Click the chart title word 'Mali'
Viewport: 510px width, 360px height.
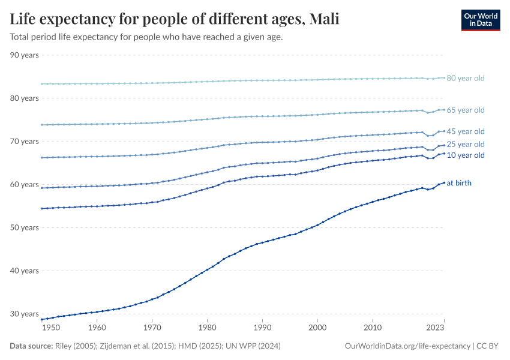click(324, 20)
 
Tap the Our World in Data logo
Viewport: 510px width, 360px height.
click(480, 20)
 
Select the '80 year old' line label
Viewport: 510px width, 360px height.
click(465, 78)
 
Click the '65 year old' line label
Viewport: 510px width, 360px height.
click(465, 110)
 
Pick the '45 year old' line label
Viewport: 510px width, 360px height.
click(465, 131)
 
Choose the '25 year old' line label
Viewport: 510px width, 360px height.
click(465, 144)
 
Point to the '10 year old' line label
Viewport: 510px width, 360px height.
click(465, 155)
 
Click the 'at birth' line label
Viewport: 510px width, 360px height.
click(459, 183)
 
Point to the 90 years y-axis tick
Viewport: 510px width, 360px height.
click(25, 55)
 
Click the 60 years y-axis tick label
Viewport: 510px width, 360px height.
click(25, 184)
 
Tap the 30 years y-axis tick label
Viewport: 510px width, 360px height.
click(25, 314)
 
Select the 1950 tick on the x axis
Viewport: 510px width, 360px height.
click(52, 328)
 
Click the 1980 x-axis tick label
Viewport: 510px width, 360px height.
click(207, 328)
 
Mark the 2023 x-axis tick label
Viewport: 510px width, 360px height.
click(435, 328)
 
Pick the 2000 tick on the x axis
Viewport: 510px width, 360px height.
click(317, 328)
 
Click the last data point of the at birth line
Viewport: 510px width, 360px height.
click(444, 182)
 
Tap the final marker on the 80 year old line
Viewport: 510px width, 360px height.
click(444, 77)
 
